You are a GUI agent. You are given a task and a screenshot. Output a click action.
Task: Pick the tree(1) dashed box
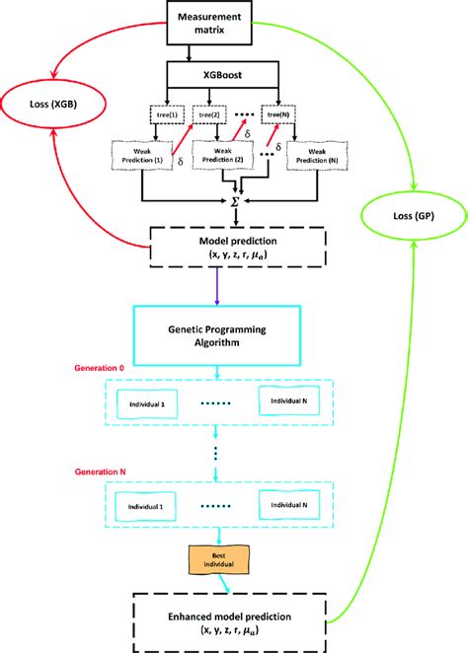point(165,113)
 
